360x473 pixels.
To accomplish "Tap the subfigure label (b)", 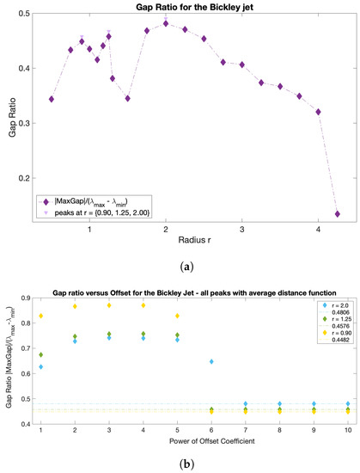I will click(x=180, y=464).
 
